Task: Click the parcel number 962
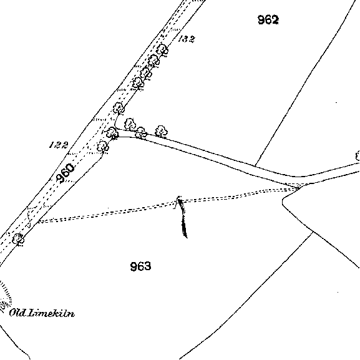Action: point(268,20)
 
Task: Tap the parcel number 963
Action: point(140,266)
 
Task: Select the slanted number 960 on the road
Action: point(66,173)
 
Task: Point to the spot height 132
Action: point(187,39)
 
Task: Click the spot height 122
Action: point(59,145)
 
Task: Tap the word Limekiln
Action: point(51,313)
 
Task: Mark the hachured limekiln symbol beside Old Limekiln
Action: point(5,296)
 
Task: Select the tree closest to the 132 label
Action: point(162,50)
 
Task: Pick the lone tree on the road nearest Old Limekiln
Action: point(18,240)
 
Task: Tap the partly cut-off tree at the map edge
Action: point(358,156)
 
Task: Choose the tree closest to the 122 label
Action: point(102,146)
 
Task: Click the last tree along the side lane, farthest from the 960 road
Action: point(161,131)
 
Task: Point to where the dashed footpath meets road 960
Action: point(37,221)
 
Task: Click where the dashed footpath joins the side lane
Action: point(298,188)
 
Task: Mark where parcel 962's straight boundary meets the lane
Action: point(255,165)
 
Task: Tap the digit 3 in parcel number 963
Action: point(148,266)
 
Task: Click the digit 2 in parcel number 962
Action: point(275,20)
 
